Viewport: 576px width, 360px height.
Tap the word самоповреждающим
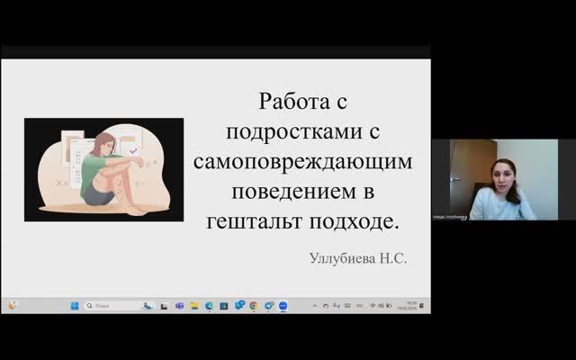[302, 162]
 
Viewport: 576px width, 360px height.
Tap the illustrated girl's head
[104, 143]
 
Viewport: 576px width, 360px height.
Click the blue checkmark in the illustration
[134, 152]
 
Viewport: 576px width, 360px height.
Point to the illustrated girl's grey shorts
[94, 192]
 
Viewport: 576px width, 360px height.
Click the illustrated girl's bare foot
[133, 210]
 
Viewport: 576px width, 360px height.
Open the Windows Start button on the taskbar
[75, 306]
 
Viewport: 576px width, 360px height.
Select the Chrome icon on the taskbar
[254, 306]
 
